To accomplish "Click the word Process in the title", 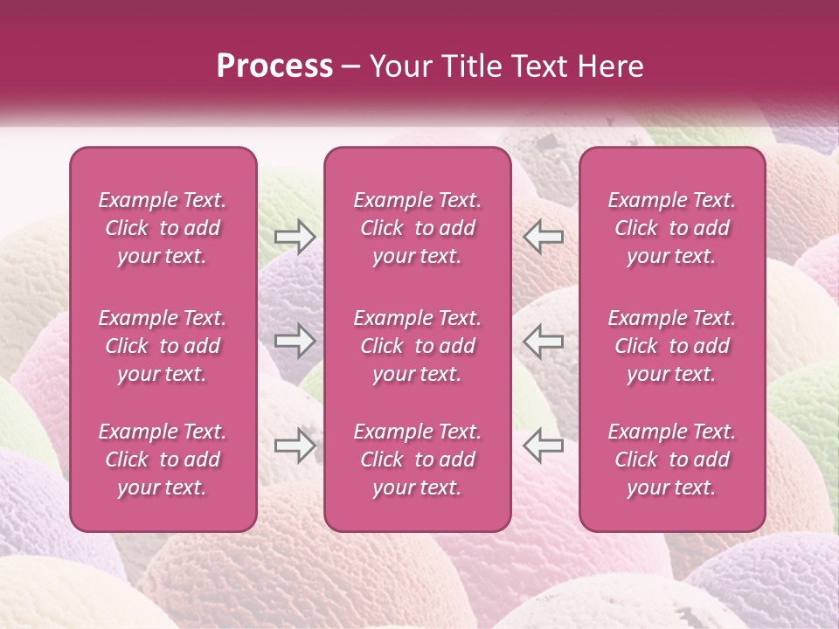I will point(274,66).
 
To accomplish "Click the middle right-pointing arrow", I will point(295,342).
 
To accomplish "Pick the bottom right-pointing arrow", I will point(295,446).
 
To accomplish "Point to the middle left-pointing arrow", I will point(543,342).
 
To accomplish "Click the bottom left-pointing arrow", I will point(543,446).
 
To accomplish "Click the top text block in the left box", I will point(163,228).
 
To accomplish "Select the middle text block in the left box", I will point(163,346).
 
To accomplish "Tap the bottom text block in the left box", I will point(163,460).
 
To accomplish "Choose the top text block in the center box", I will point(418,228).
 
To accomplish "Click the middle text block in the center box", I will point(418,346).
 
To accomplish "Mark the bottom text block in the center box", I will point(418,460).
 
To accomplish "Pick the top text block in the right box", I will point(672,228).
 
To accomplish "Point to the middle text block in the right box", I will point(672,346).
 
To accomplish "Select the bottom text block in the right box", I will point(672,460).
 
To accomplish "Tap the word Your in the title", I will point(398,66).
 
